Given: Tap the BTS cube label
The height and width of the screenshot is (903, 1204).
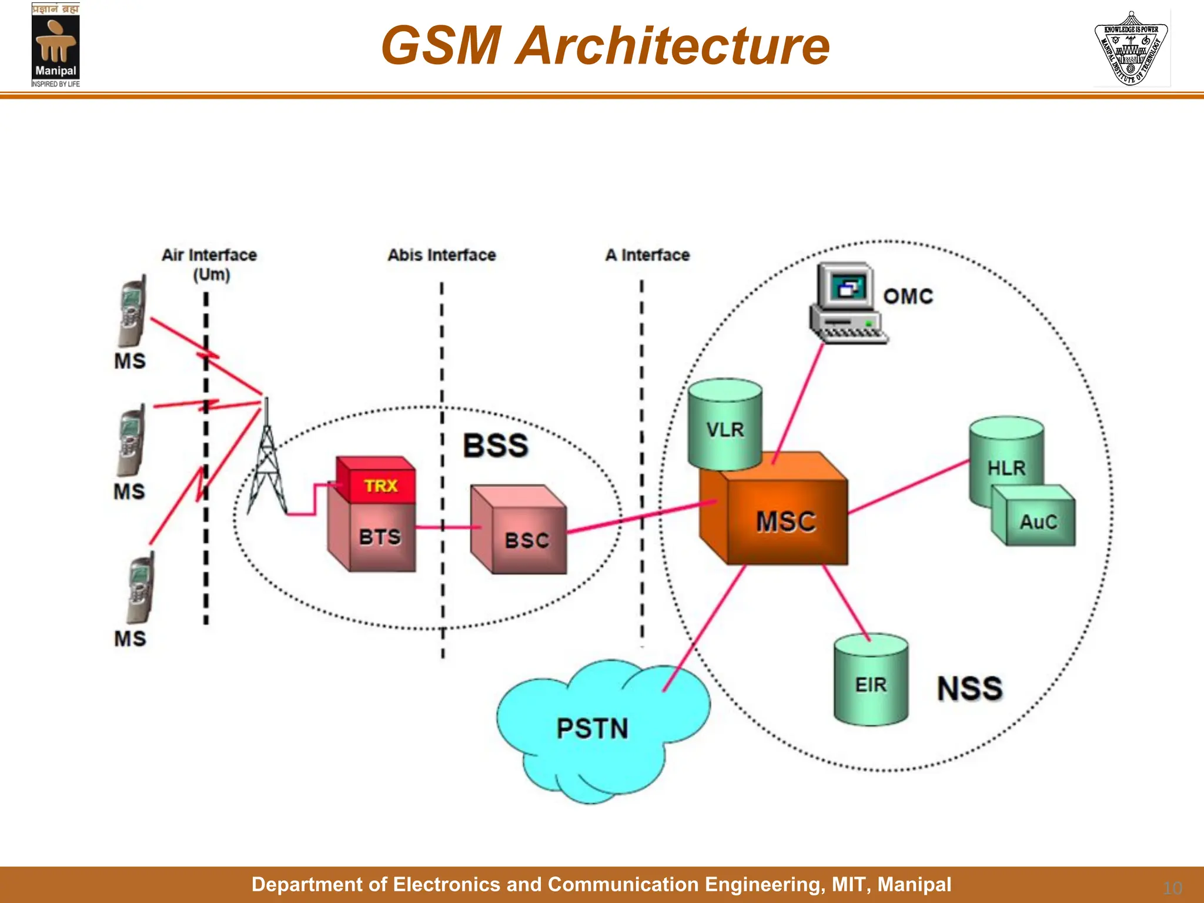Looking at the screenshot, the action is [380, 537].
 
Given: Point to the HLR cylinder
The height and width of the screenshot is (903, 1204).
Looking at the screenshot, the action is [1005, 459].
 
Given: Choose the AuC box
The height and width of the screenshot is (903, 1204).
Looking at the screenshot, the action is [1038, 521].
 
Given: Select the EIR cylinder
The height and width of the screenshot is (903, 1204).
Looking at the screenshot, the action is [871, 682].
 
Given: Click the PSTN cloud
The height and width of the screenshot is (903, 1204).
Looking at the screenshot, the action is [594, 729].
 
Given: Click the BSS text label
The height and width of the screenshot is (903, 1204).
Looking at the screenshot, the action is [496, 445].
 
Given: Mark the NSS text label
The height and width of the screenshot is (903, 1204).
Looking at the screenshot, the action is [969, 688].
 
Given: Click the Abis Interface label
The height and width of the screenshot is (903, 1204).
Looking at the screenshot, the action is [442, 255].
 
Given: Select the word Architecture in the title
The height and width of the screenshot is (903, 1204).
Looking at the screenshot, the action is [672, 46].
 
